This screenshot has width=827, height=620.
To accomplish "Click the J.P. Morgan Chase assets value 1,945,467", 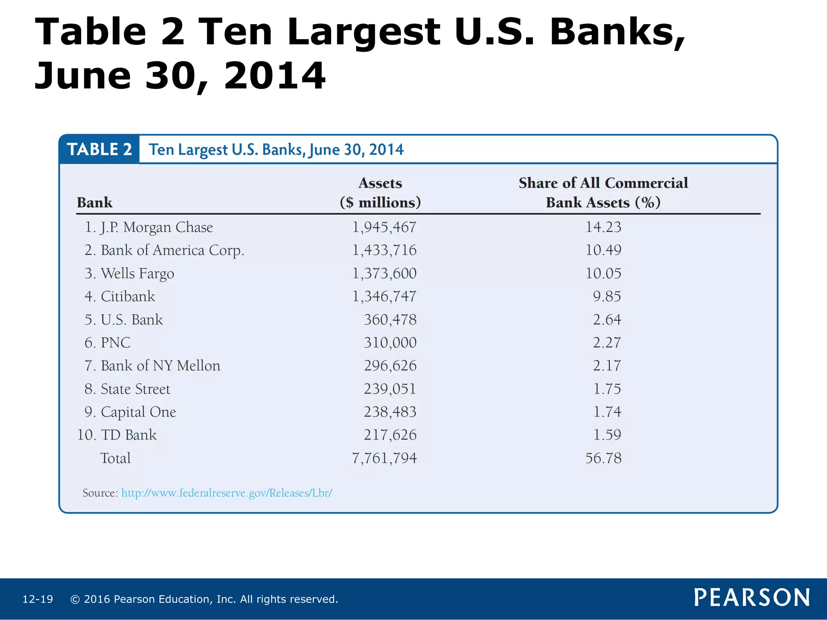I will point(384,227).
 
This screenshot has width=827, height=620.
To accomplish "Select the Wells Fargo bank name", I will point(137,274).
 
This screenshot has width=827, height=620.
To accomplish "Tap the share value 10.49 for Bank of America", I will point(603,250).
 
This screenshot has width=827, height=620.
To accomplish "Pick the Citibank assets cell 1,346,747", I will point(384,297).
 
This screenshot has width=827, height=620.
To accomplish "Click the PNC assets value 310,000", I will point(390,343).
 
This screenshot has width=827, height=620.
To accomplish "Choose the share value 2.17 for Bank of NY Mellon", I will point(607,366).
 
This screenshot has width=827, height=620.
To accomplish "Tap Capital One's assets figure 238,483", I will point(390,412).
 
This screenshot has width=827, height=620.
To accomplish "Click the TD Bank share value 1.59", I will point(607,435).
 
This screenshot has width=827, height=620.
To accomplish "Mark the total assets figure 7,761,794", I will point(384,458).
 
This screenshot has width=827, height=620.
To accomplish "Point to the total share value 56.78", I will point(603,458).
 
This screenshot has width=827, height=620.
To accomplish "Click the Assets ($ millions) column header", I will point(380,193).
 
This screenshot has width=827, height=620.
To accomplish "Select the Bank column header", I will point(94,203).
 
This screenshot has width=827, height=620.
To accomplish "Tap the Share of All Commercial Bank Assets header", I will point(603,193).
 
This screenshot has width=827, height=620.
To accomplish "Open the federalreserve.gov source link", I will point(227,493).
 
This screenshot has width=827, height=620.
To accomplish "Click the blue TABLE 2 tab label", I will point(99,149).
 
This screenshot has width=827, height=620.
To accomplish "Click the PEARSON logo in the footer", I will point(751,598).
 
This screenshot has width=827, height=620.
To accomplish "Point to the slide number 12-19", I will point(38,599).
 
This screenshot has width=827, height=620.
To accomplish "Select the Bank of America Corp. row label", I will point(172,251).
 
